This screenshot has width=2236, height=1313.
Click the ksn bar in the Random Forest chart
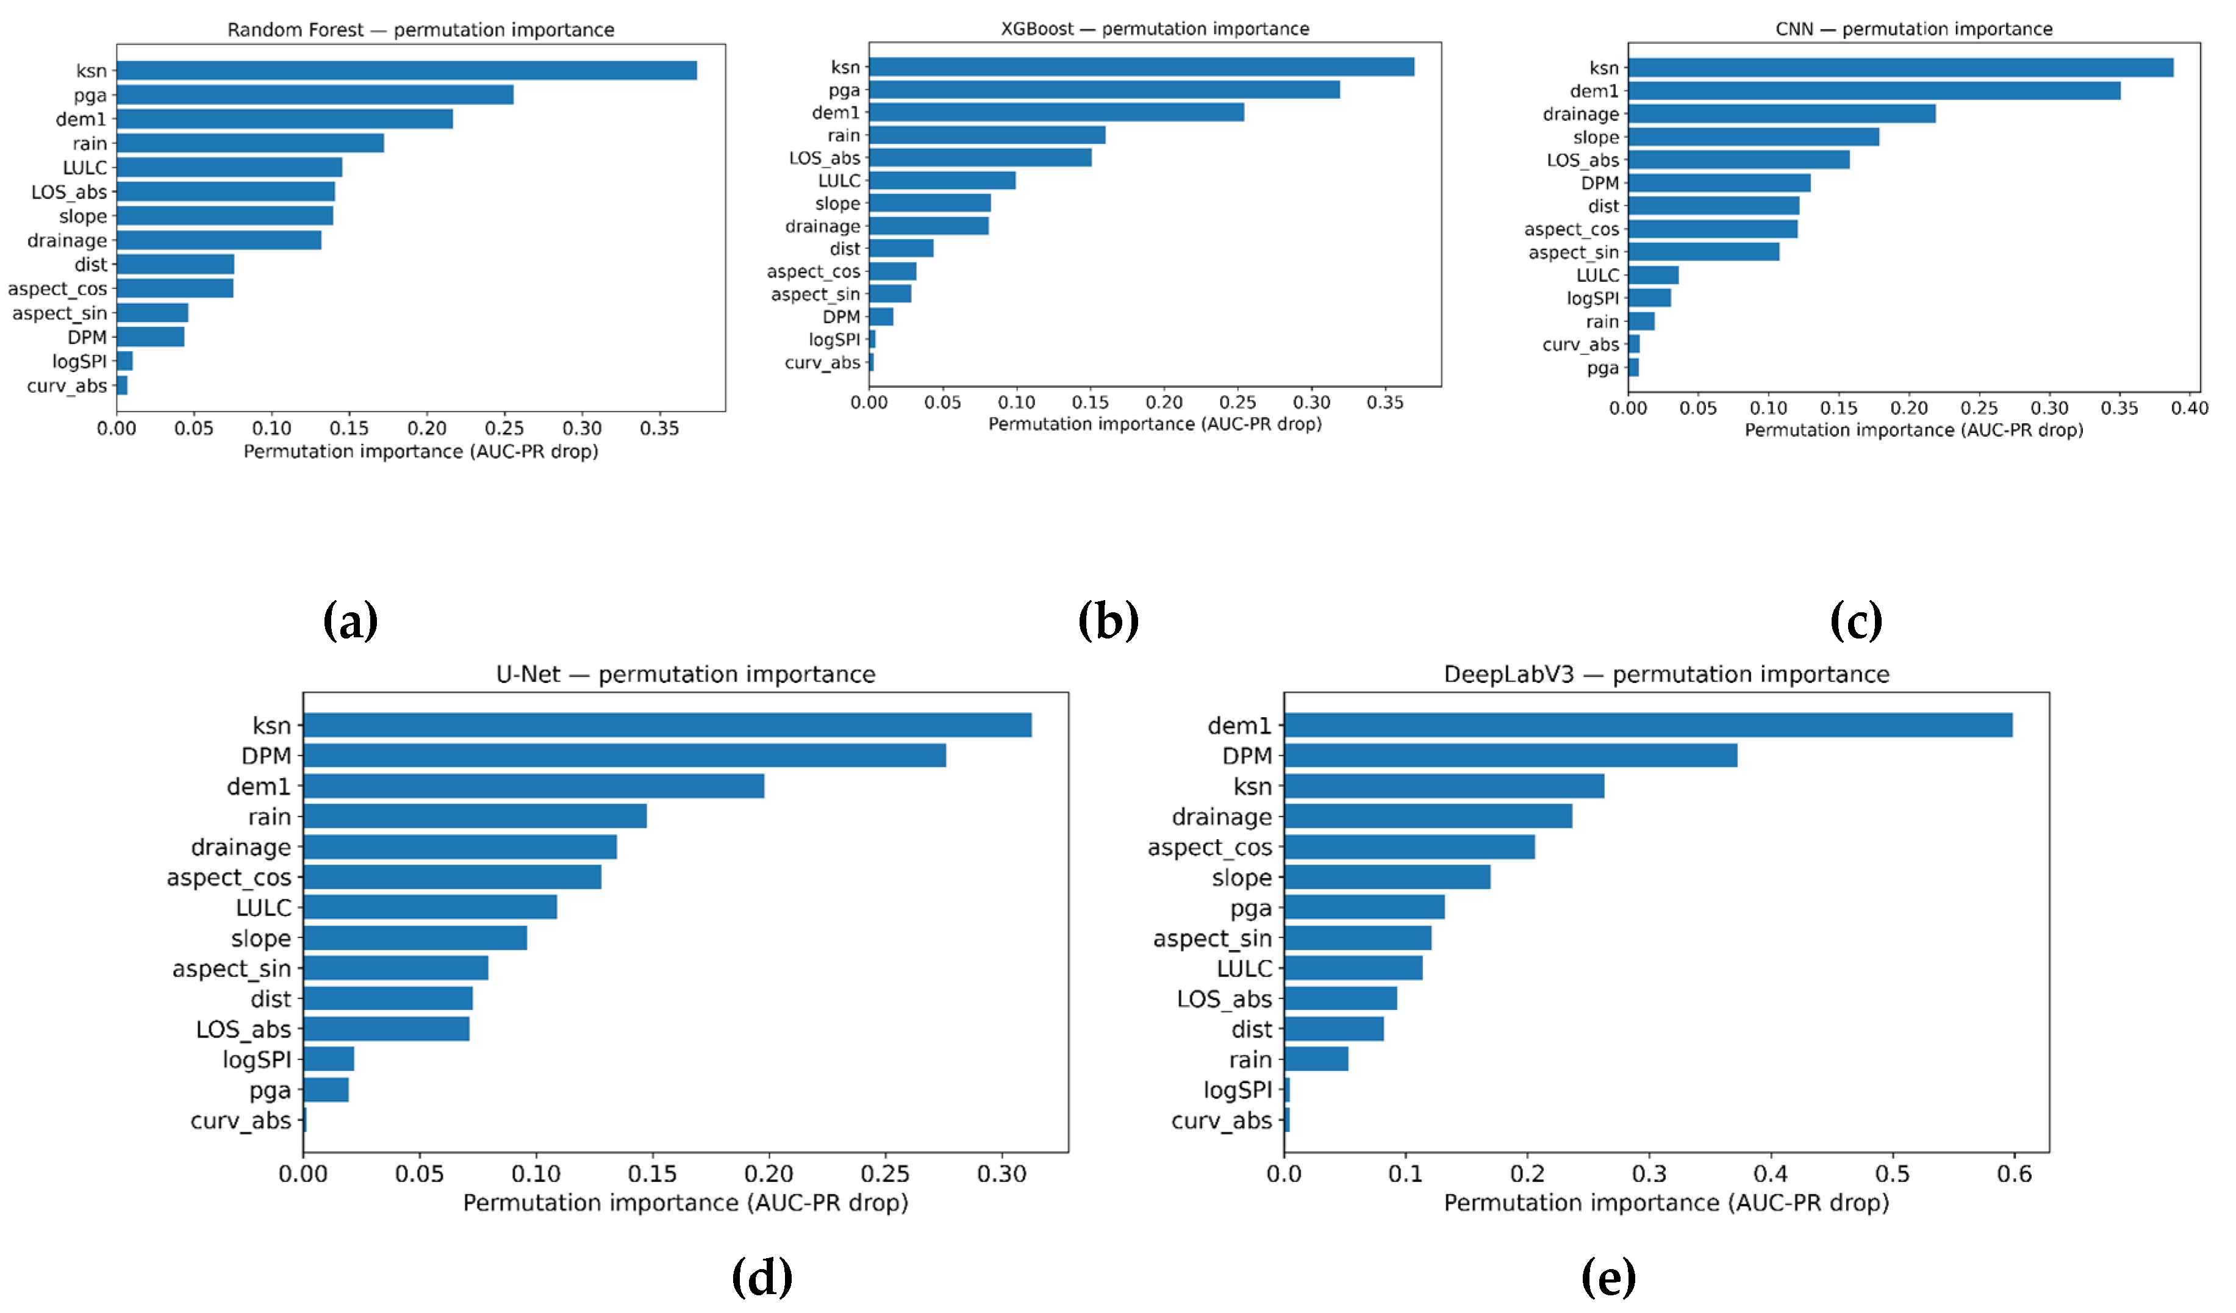(406, 70)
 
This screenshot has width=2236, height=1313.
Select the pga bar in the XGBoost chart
(1104, 90)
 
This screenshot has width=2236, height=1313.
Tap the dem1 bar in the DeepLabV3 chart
(1647, 725)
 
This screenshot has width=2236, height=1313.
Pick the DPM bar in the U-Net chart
(624, 755)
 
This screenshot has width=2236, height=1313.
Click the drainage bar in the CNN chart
(1781, 113)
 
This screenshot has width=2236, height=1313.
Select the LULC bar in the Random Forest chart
(229, 166)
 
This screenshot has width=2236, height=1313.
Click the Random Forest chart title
(421, 29)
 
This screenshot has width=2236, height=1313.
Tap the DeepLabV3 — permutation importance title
(1666, 674)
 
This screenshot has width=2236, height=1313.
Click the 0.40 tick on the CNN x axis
(2189, 408)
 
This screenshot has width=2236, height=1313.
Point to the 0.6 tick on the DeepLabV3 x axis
(2013, 1174)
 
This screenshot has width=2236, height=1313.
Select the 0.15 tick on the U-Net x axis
(652, 1174)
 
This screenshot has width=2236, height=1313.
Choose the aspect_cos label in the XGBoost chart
(813, 271)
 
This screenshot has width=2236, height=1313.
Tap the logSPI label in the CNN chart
(1592, 298)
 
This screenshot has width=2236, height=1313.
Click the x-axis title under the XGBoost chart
(1155, 424)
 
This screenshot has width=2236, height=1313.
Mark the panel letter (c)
(1855, 620)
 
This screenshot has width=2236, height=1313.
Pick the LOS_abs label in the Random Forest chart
(69, 191)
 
